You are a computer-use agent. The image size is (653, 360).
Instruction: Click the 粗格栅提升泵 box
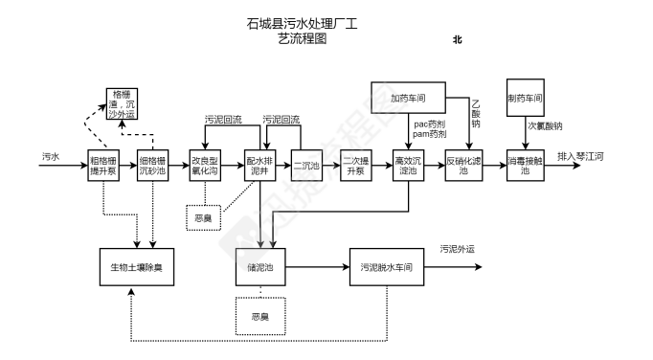click(x=103, y=165)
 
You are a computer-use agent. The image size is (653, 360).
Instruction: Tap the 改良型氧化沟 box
click(x=207, y=165)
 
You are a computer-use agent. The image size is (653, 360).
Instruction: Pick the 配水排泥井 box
click(x=259, y=165)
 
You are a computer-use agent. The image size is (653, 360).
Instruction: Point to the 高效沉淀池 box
click(x=408, y=165)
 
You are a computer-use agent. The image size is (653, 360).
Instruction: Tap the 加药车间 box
click(x=408, y=99)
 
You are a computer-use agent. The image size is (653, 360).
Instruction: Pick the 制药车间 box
click(x=526, y=99)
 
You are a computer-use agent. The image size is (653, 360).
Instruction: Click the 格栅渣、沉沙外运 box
click(x=122, y=103)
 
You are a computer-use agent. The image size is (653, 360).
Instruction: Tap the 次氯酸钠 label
click(x=545, y=126)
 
